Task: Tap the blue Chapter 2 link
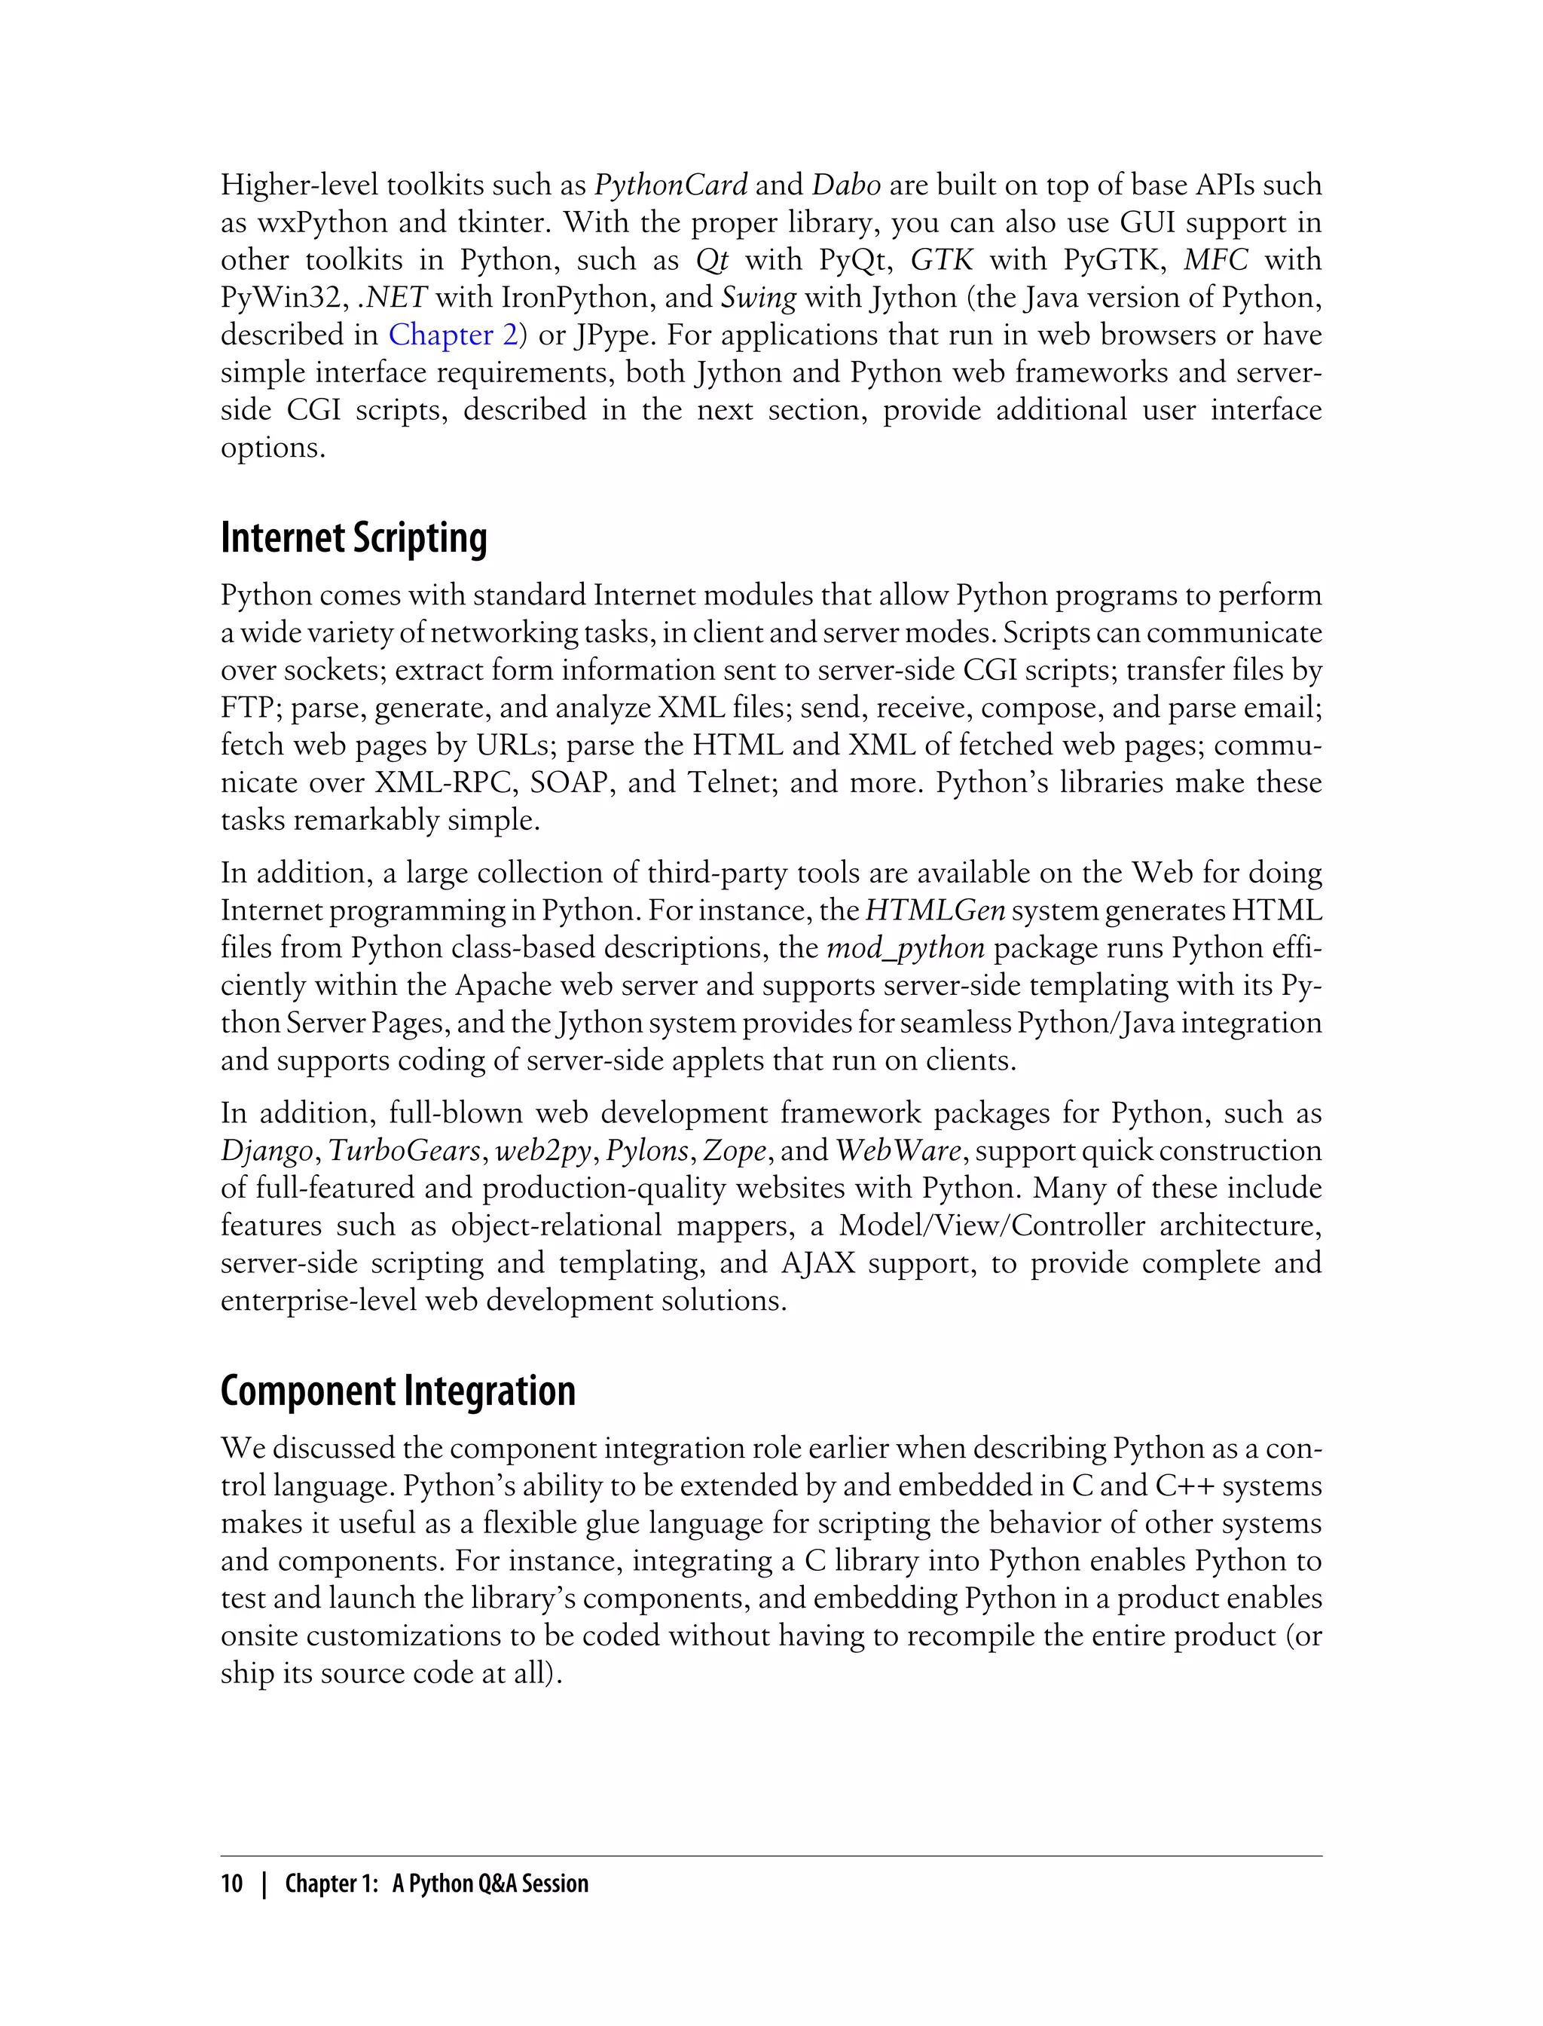[453, 335]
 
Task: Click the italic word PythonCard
[671, 185]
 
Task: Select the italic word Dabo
[846, 185]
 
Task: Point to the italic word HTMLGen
[935, 910]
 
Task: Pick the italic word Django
[267, 1151]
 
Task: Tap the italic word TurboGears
[404, 1151]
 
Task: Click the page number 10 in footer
[231, 1884]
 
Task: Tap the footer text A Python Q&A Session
[490, 1884]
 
